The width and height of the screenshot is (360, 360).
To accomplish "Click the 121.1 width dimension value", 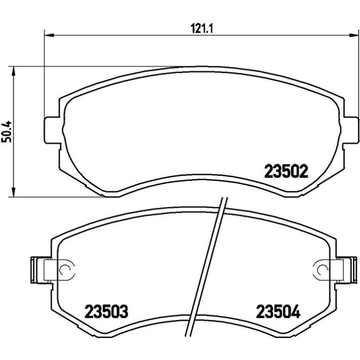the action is [202, 29].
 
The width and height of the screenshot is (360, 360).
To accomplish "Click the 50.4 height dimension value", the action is [7, 132].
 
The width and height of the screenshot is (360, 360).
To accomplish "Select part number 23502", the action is [286, 171].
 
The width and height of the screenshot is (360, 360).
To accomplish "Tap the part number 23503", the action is [106, 311].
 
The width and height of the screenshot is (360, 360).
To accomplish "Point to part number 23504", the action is [278, 311].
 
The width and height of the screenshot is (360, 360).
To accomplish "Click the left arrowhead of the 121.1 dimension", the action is [49, 35].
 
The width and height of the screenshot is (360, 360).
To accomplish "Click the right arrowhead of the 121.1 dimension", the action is [353, 35].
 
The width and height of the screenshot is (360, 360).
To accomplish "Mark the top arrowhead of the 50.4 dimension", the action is [14, 72].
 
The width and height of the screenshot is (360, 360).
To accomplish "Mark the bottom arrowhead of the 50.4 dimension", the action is [14, 192].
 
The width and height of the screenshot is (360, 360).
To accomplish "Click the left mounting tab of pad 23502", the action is [52, 130].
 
